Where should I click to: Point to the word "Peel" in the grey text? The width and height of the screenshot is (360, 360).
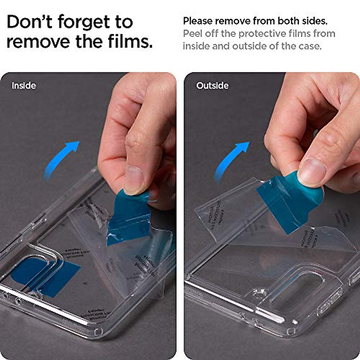193,34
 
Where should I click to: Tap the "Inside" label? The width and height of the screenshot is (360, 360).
24,86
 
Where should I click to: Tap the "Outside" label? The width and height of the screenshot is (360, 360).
212,86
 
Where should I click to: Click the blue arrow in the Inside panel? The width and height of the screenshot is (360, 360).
61,159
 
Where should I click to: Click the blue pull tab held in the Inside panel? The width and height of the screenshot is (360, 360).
129,216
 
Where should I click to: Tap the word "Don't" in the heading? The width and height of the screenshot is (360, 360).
29,22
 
